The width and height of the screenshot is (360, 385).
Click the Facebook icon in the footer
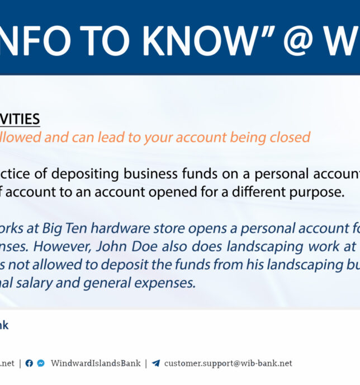[x=29, y=363]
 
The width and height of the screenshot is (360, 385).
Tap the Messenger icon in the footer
[x=41, y=363]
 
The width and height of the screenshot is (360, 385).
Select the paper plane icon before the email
[x=155, y=363]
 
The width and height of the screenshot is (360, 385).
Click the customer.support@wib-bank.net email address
[x=228, y=363]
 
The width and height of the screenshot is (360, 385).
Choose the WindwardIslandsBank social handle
[x=96, y=363]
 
